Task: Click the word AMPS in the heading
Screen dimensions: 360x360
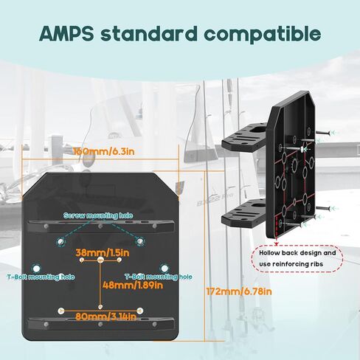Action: coord(66,33)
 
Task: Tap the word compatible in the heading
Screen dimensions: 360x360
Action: coord(263,34)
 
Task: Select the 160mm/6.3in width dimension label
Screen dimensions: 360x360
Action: coord(104,151)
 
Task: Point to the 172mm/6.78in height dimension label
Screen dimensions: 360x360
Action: coord(239,291)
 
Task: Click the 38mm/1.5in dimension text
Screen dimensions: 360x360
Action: coord(103,253)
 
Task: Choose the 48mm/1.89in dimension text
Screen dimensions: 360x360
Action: coord(133,285)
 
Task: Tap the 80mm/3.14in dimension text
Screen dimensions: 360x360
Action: coord(105,316)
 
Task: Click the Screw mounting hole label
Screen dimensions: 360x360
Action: coord(98,215)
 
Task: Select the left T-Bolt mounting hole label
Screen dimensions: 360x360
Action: coord(41,277)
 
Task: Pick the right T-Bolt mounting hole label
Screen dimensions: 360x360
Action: coord(159,277)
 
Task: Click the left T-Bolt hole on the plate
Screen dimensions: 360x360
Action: coord(36,269)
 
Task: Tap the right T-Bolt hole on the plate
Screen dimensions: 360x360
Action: coord(165,269)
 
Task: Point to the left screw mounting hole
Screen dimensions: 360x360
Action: coord(60,242)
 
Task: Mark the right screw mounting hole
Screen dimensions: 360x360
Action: coord(140,241)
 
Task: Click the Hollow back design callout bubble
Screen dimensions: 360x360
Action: coord(297,259)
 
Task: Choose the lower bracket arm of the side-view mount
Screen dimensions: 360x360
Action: coord(243,214)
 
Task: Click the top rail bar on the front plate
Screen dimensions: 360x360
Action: coord(101,226)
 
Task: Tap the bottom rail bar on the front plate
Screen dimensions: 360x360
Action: coord(101,324)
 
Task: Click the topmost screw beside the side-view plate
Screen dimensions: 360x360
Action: coord(322,133)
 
